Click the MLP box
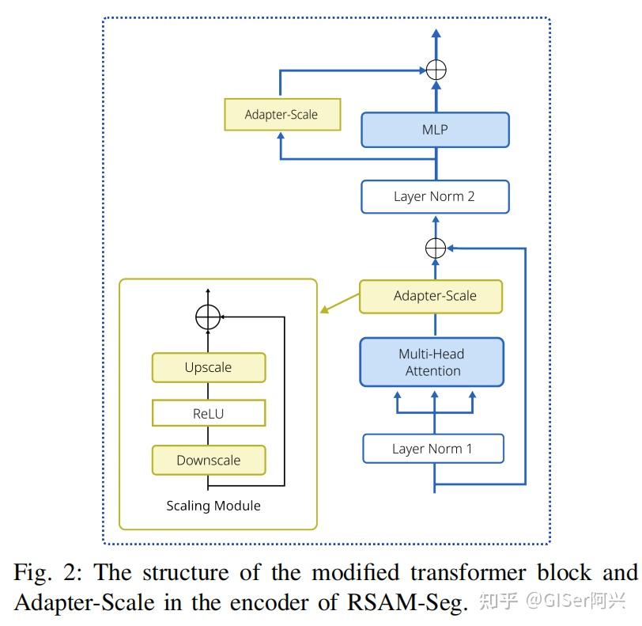(x=435, y=129)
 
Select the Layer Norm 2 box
(x=434, y=196)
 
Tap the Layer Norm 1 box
(x=432, y=449)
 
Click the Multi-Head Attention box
(x=432, y=362)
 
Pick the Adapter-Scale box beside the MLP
(x=281, y=115)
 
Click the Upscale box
(x=208, y=367)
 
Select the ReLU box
(x=208, y=413)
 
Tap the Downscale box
(x=208, y=460)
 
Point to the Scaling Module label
(x=213, y=506)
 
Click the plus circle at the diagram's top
(x=436, y=70)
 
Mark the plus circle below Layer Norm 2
(x=436, y=248)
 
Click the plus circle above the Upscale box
(x=207, y=317)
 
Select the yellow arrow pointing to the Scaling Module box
(x=338, y=303)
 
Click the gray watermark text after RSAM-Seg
(x=553, y=602)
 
